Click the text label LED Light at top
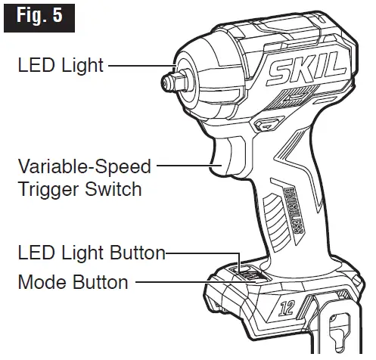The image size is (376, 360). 61,67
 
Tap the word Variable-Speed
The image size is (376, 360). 84,165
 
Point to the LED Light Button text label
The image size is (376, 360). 91,253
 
